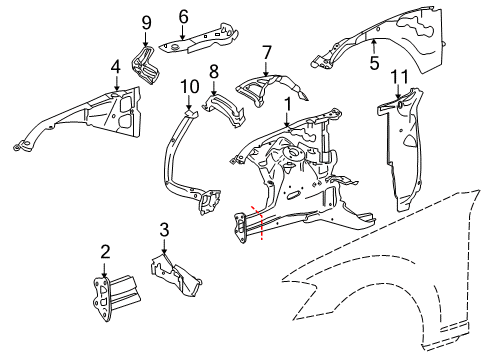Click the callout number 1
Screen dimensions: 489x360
[x=288, y=104]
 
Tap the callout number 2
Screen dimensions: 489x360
[x=105, y=252]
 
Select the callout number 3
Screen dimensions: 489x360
[x=164, y=230]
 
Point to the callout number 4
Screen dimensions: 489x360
[x=115, y=67]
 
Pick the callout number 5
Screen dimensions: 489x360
[x=374, y=63]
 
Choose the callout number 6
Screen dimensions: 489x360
[x=183, y=17]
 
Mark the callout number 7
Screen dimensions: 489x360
[x=267, y=53]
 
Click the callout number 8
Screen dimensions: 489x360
[x=214, y=71]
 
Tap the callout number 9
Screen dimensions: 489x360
[x=146, y=23]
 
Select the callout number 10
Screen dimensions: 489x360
[x=190, y=87]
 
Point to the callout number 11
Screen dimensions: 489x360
[x=399, y=77]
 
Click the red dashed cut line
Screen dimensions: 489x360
[x=260, y=222]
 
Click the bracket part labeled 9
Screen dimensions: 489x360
[x=146, y=65]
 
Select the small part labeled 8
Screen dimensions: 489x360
[x=224, y=110]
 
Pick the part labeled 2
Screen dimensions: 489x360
[x=114, y=297]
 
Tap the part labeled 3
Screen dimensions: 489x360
[x=176, y=274]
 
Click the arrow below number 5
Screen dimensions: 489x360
[x=374, y=46]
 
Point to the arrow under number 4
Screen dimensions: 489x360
[x=116, y=83]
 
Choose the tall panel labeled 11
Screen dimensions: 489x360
[x=400, y=149]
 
